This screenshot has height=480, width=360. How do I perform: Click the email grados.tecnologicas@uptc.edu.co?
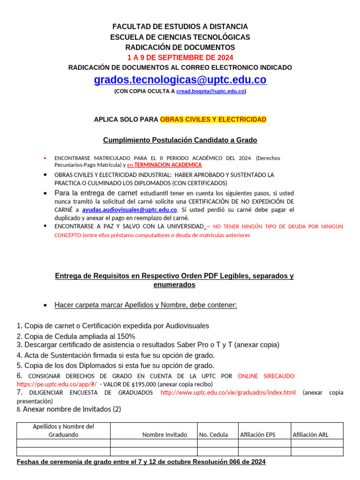(180, 80)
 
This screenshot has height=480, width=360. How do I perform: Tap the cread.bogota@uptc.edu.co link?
(210, 91)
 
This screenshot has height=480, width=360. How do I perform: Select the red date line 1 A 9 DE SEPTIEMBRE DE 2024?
(180, 58)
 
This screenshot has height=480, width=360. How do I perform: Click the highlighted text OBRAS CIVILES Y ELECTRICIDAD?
(213, 120)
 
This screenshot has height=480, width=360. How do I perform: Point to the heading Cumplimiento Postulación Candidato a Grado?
(180, 140)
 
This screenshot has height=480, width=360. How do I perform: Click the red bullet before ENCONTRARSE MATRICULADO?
(45, 158)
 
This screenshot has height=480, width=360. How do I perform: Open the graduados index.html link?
(228, 392)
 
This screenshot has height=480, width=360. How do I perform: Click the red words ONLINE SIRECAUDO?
(266, 376)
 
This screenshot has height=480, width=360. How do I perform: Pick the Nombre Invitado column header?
(165, 435)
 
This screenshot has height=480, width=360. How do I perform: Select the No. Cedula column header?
(213, 435)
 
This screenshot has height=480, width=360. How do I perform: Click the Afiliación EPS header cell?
(257, 435)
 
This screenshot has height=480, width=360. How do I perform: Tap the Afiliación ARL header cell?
(310, 435)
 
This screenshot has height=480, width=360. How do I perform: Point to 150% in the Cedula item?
(126, 336)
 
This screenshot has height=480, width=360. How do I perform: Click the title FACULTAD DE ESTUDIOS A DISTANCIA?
(180, 27)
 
